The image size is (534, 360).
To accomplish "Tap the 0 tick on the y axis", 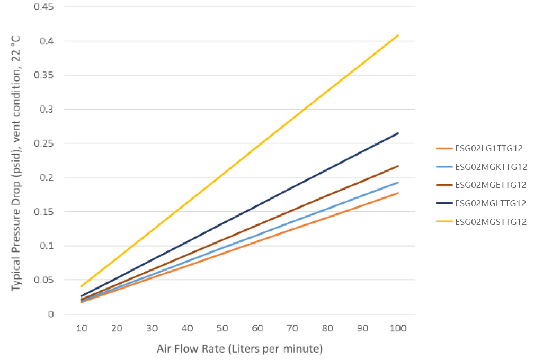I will [51, 314].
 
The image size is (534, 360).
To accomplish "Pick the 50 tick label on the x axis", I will [222, 328].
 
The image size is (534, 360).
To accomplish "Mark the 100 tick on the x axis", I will [398, 328].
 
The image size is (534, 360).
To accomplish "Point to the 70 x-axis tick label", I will [292, 328].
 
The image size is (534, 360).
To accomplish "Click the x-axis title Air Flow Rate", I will [239, 349].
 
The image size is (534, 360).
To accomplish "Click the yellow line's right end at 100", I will [398, 35].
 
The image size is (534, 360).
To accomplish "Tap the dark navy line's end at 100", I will [398, 133].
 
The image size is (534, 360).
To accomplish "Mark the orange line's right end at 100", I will [398, 193].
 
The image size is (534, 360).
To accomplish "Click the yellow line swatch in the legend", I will [444, 222].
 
